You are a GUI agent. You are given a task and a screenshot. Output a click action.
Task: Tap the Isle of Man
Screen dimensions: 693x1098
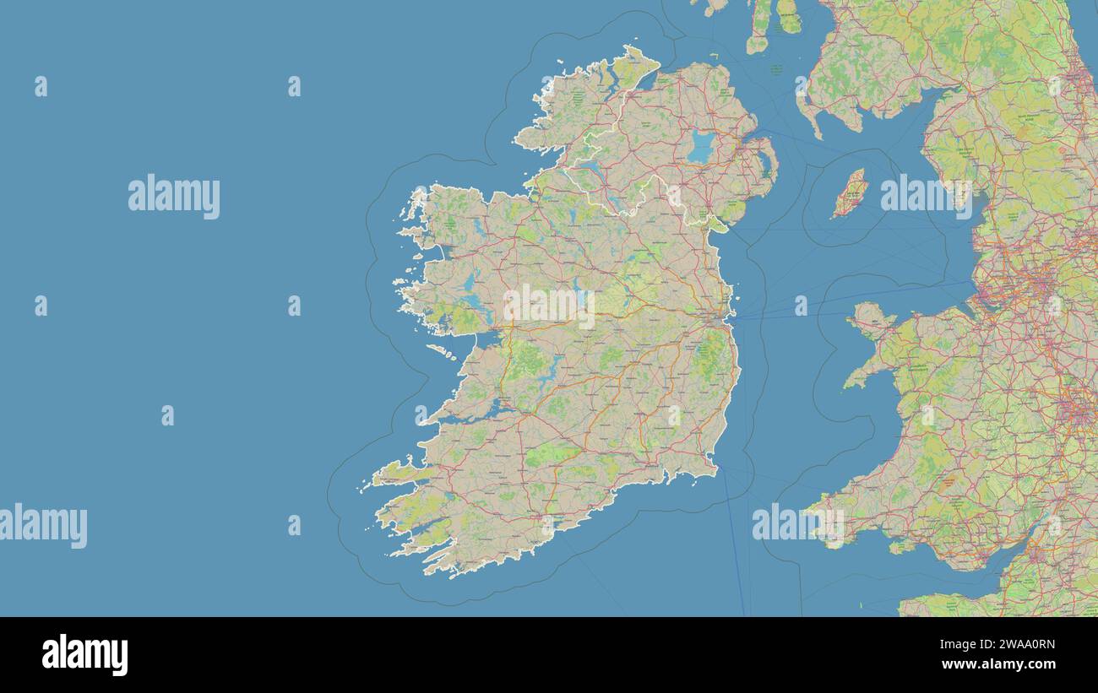[850, 193]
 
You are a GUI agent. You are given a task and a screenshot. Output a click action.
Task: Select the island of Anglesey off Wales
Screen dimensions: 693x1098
[870, 319]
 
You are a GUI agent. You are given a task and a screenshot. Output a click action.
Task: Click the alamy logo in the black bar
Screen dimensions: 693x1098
[84, 655]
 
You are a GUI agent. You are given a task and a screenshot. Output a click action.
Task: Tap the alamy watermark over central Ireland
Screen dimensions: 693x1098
[549, 306]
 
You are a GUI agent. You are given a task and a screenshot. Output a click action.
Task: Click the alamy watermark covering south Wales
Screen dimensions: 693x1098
[797, 523]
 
